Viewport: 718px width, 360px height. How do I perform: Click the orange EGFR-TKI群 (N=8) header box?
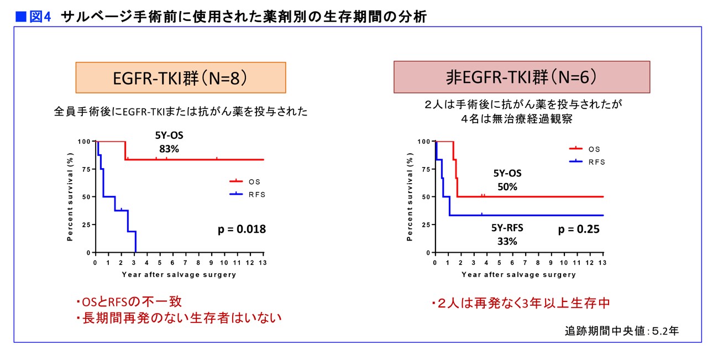[x=181, y=77]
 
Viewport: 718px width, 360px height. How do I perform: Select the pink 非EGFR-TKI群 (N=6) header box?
[x=522, y=77]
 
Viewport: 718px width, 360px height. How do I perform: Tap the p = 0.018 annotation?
[x=242, y=229]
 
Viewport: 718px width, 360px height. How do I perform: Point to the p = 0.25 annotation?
[x=579, y=229]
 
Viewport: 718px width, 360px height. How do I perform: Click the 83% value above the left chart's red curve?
[x=169, y=149]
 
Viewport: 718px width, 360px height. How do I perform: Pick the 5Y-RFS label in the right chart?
[x=507, y=228]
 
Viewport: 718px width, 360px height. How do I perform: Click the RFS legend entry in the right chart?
[x=587, y=162]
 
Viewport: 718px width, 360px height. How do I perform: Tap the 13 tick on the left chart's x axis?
[x=263, y=263]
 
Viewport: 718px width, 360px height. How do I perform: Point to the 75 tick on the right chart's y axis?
[x=426, y=169]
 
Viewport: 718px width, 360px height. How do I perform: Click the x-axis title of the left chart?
[x=179, y=275]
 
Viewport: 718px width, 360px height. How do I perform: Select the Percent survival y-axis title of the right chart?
[x=410, y=196]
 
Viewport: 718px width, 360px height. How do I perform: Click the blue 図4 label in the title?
[x=40, y=17]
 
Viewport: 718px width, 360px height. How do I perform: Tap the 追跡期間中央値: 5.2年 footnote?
[x=622, y=331]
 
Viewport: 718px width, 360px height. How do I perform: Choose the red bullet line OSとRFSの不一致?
[x=129, y=301]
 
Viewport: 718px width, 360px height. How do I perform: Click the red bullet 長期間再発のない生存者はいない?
[x=179, y=318]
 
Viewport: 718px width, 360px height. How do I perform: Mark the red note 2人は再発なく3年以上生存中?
[x=521, y=303]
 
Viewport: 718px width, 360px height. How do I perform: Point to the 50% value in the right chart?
[x=507, y=187]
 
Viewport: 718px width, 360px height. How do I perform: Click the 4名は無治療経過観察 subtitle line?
[x=517, y=119]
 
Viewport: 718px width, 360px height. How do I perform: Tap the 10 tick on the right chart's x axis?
[x=564, y=263]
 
